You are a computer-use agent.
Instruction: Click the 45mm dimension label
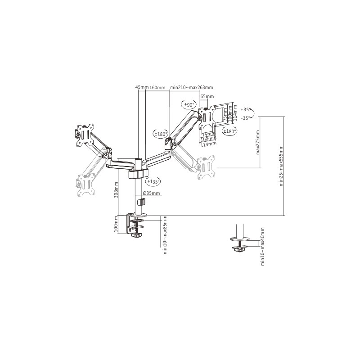point(142,87)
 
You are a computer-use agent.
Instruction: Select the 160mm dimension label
point(157,87)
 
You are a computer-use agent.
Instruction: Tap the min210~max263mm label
point(192,87)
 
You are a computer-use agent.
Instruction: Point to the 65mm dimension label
point(207,96)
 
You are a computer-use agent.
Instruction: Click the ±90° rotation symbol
point(189,105)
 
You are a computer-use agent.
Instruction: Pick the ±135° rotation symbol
point(153,181)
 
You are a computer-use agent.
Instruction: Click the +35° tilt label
point(245,110)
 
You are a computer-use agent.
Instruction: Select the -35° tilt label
point(245,118)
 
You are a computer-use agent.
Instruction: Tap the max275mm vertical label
point(257,142)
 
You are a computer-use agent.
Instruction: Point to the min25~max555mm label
point(281,166)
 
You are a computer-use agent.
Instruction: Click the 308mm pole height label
point(116,190)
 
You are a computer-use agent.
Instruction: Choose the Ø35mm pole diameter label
point(151,193)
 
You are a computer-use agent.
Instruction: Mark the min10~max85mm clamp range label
point(165,234)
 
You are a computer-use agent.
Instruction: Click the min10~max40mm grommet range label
point(263,247)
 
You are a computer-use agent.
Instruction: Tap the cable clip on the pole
point(141,202)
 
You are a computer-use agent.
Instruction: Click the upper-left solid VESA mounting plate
point(85,135)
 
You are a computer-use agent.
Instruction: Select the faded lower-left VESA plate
point(86,184)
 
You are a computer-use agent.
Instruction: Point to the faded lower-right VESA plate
point(206,167)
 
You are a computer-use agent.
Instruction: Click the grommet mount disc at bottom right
point(240,239)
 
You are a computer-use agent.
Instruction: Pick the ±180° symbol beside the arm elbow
point(161,134)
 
